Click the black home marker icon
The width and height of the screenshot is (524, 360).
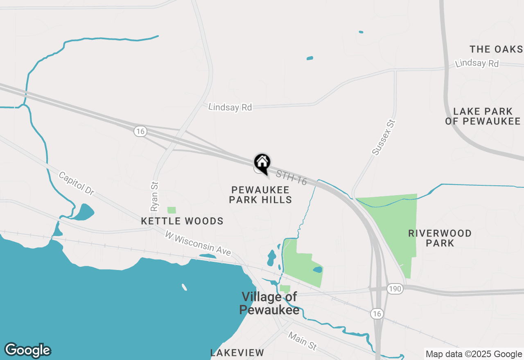[262, 163]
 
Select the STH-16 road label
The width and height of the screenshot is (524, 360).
[291, 178]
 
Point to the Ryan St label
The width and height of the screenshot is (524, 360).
[154, 196]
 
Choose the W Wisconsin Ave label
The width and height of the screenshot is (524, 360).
[198, 243]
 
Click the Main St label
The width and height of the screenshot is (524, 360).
[302, 340]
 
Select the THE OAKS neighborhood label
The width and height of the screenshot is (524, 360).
[496, 49]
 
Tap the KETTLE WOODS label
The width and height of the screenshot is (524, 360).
[182, 221]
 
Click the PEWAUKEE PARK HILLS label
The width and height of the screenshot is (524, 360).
[260, 195]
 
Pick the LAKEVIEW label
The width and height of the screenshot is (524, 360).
[237, 353]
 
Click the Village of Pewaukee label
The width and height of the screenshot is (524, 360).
[269, 303]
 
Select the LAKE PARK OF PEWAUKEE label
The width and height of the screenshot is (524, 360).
[483, 116]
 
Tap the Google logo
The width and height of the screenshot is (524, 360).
[27, 351]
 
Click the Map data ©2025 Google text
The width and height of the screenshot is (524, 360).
[474, 354]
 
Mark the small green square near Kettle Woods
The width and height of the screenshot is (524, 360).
[172, 210]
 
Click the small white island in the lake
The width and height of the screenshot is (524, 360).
[184, 287]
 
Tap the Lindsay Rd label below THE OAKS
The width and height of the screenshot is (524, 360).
[477, 63]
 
